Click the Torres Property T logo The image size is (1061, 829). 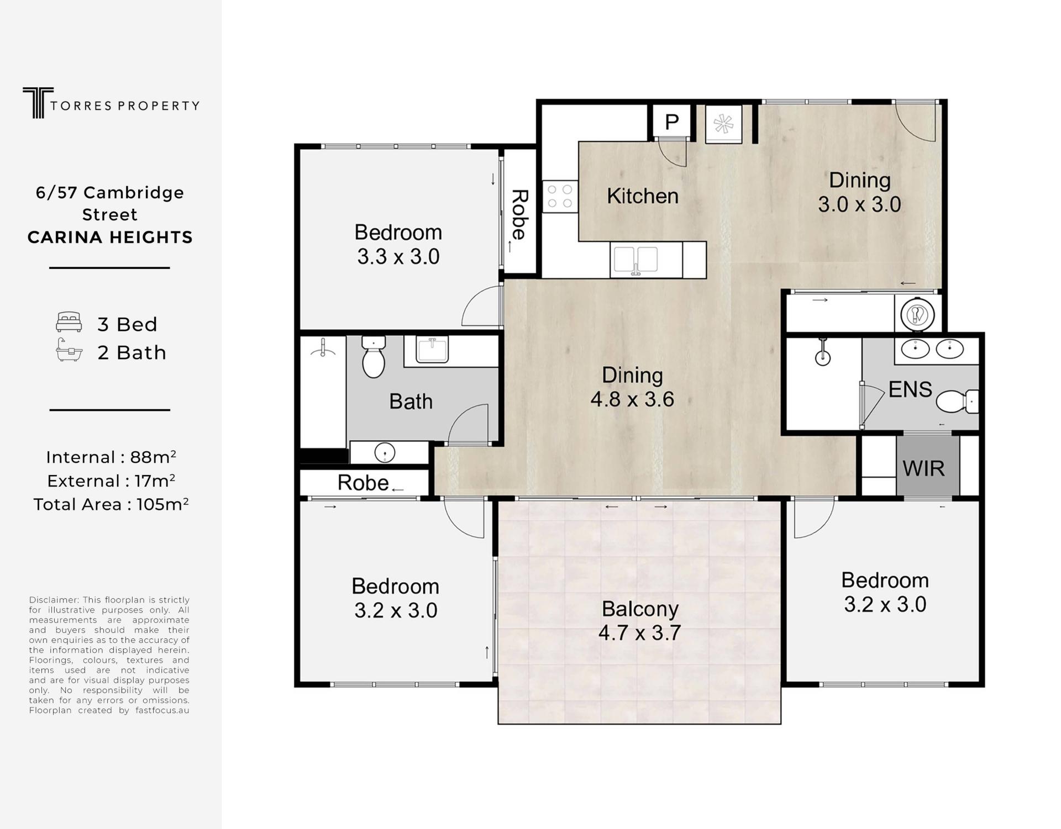38,103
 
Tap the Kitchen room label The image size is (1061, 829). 642,196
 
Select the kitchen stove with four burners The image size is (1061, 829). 560,197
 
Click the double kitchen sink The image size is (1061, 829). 636,260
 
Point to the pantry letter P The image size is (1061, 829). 671,122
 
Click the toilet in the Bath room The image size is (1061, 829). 374,356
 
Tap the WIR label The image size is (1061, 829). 923,468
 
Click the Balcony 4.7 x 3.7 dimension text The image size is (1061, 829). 639,632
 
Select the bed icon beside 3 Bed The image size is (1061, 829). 69,322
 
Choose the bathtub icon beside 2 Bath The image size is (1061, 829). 69,350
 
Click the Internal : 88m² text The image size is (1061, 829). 111,457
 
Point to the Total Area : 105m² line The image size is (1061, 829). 111,504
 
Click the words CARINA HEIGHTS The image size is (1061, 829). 110,237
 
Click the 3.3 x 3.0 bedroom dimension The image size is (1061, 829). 398,257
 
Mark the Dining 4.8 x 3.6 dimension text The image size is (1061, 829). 632,399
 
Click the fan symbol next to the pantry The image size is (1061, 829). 723,124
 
